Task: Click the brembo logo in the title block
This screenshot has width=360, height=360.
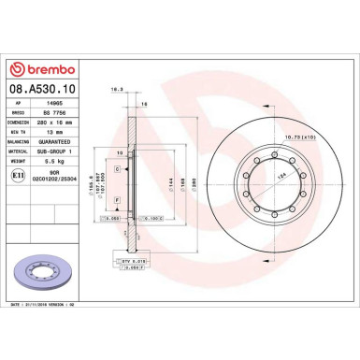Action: tap(47, 68)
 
